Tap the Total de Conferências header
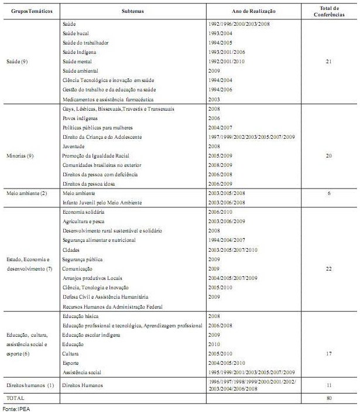(328, 11)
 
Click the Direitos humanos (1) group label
(29, 385)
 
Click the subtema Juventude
(73, 146)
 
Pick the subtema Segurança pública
(82, 259)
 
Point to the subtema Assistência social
(81, 372)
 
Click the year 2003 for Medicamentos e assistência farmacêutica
(214, 99)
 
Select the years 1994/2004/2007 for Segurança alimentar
(227, 240)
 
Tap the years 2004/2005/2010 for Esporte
(227, 362)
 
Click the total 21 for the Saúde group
(328, 61)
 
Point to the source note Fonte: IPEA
(16, 409)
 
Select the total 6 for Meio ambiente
(328, 193)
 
